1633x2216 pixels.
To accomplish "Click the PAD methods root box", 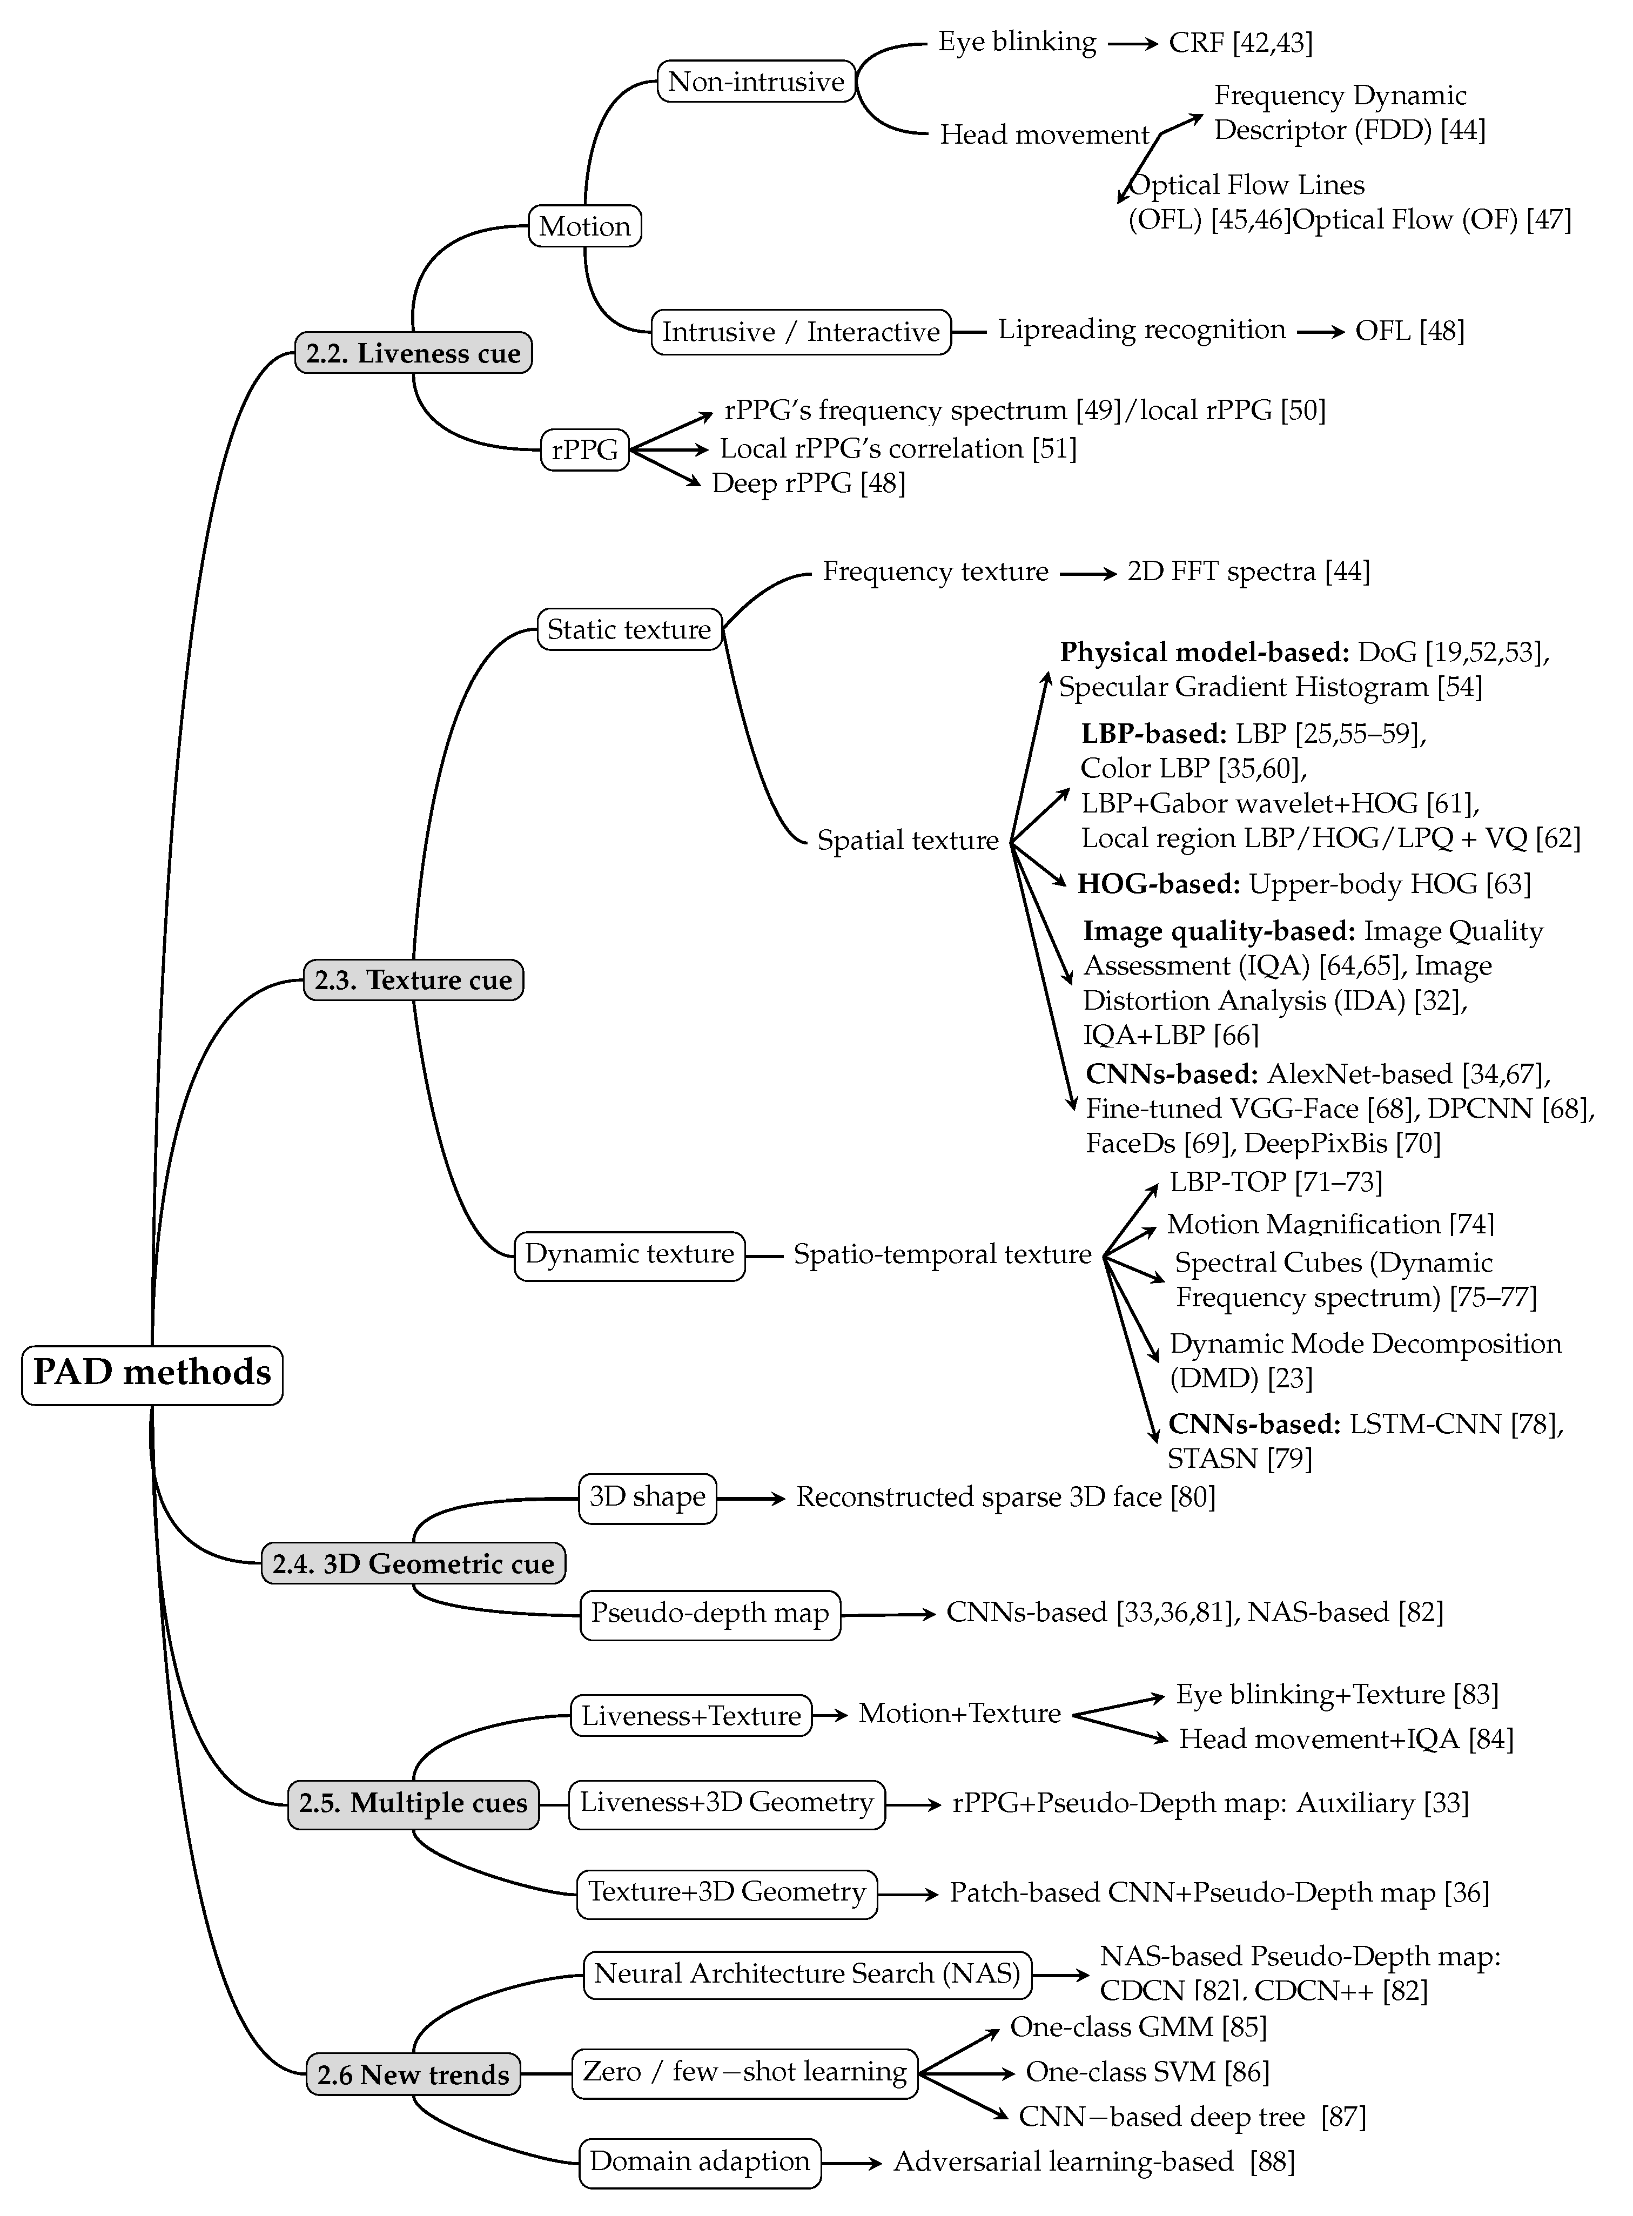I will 152,1374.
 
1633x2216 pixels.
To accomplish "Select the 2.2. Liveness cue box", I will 413,353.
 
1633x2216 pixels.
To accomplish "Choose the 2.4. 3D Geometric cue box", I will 413,1563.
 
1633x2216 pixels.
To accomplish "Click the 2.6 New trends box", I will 413,2074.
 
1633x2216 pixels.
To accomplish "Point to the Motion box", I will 584,226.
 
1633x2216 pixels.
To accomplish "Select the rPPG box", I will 584,449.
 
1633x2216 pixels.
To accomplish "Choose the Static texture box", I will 629,629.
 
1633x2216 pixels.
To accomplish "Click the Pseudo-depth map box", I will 710,1613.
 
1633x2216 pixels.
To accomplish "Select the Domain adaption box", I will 700,2161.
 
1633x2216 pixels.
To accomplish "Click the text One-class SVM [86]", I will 1147,2071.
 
